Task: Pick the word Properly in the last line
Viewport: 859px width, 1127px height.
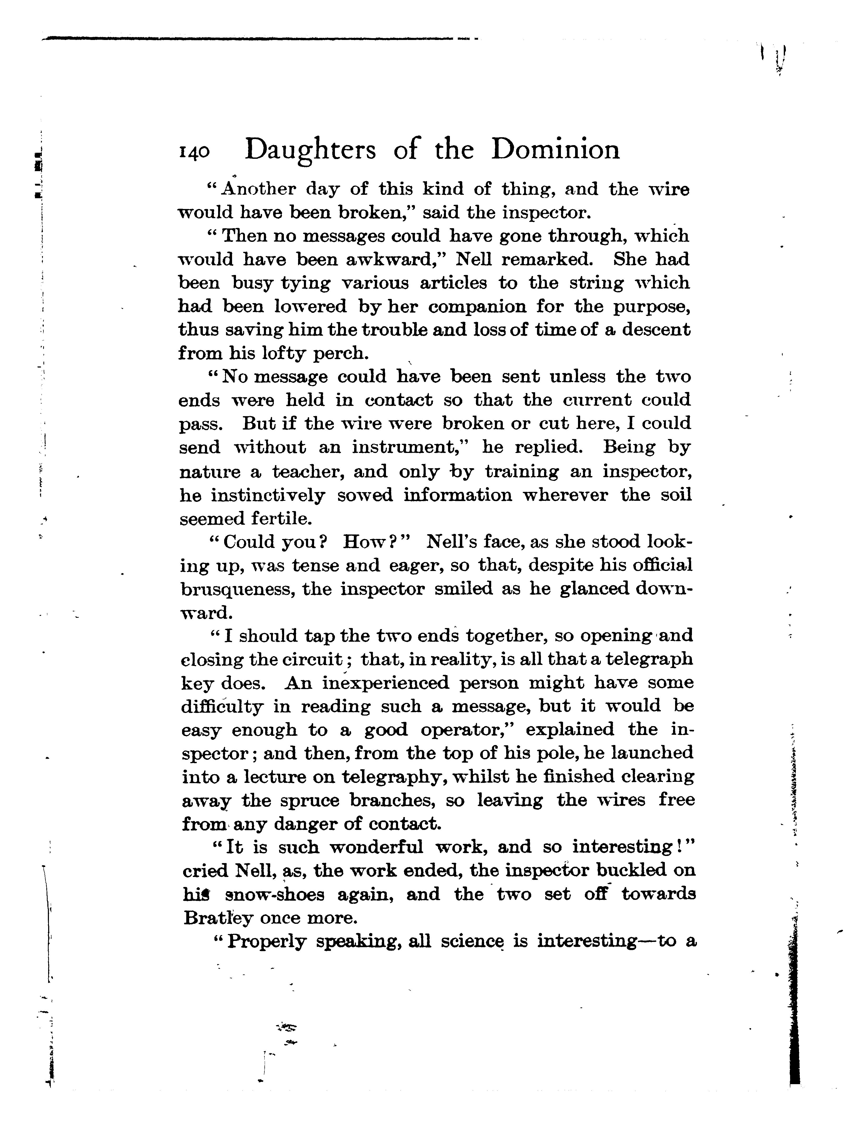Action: [267, 942]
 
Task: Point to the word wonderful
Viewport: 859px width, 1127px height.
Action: [376, 848]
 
